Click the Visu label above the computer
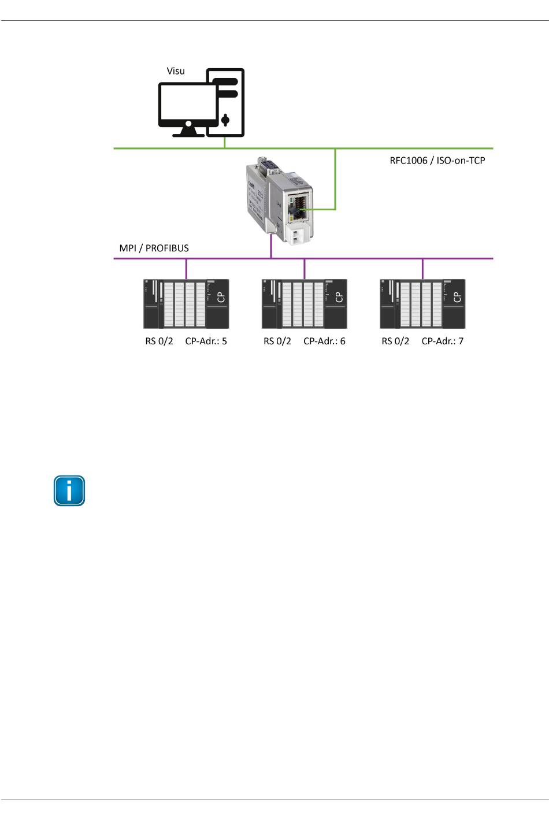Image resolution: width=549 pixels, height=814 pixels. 176,71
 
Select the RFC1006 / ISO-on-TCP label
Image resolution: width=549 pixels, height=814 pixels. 437,161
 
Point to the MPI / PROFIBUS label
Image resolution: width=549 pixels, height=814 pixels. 154,248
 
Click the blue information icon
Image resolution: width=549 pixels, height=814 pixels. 69,491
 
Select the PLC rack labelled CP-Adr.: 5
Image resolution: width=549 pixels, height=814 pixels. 186,304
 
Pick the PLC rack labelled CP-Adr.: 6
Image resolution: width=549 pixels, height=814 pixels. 305,304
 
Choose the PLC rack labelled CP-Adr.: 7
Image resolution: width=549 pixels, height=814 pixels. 422,304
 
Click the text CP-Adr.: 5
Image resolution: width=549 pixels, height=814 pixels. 206,341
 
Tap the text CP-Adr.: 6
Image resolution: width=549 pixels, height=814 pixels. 324,341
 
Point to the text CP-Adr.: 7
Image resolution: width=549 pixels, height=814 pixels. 443,341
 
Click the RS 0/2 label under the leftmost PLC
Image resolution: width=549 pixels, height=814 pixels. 159,341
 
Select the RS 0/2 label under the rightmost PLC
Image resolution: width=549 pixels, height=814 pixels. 395,341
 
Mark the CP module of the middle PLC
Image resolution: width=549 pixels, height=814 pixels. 336,304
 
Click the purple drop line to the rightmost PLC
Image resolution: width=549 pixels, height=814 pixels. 422,269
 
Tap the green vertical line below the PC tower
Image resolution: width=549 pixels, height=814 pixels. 225,143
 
